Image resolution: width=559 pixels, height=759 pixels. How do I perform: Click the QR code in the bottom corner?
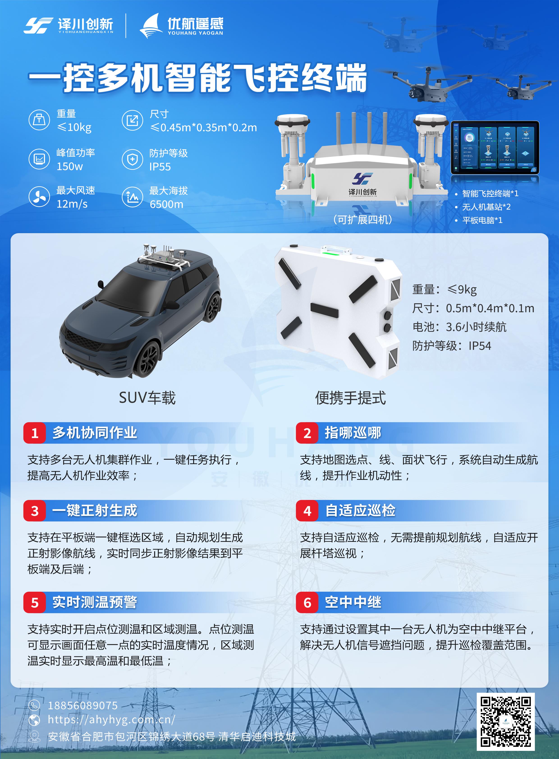click(x=506, y=721)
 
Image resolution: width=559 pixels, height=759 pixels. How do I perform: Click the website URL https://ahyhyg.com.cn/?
click(x=111, y=719)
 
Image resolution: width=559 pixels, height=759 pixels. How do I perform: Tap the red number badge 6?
click(x=307, y=602)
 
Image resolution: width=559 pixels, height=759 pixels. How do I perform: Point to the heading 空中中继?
click(x=353, y=602)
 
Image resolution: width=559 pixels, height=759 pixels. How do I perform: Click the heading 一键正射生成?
click(x=95, y=511)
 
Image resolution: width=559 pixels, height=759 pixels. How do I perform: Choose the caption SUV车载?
click(x=147, y=398)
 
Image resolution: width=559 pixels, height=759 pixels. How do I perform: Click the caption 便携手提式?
click(x=350, y=398)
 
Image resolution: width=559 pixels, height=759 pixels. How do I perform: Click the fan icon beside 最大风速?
click(x=39, y=197)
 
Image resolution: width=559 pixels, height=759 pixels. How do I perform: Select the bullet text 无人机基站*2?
click(x=486, y=207)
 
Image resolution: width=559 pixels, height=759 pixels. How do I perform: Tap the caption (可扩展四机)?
click(x=362, y=220)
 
